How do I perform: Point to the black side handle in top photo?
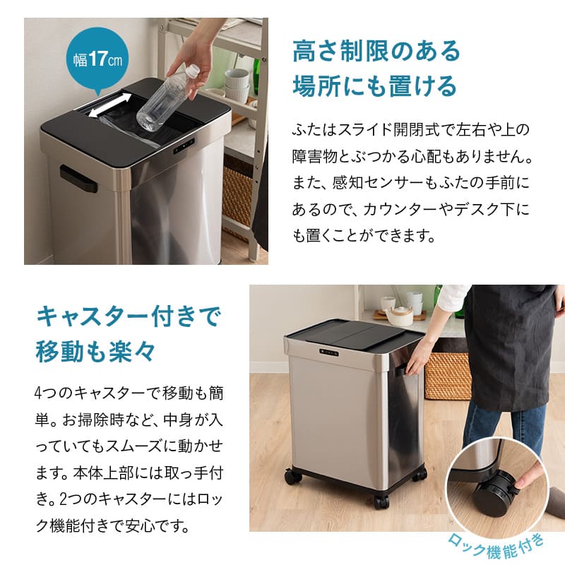coord(78,178)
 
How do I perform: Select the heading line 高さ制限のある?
coord(376,50)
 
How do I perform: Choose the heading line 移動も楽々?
coord(94,350)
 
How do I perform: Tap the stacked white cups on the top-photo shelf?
coord(237,85)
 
